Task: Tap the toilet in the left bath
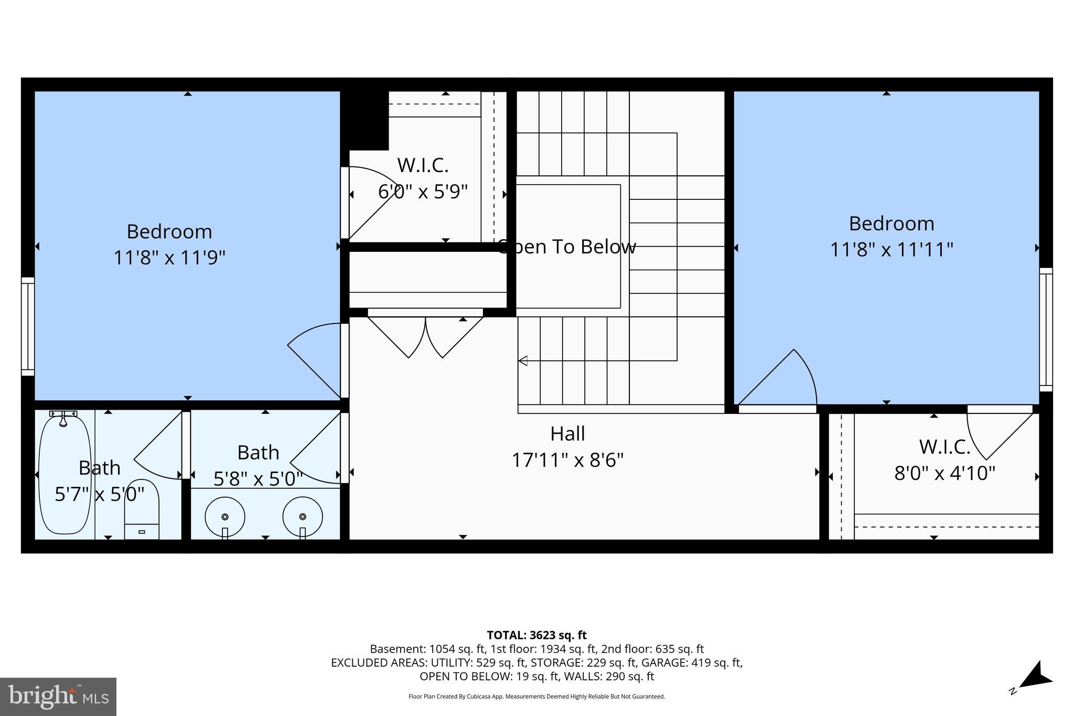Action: click(x=142, y=509)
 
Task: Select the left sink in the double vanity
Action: click(x=224, y=516)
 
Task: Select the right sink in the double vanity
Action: click(x=303, y=516)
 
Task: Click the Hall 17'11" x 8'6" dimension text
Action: click(x=567, y=461)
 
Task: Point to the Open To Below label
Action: click(x=566, y=247)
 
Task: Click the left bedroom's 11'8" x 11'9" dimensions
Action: click(x=169, y=258)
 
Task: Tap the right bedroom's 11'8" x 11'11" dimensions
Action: click(x=891, y=249)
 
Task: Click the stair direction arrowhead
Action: click(x=523, y=360)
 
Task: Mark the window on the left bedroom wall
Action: click(x=28, y=326)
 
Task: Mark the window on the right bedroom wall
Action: click(x=1046, y=329)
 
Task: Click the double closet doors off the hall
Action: click(x=425, y=336)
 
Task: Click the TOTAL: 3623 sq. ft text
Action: click(x=536, y=635)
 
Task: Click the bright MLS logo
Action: click(x=58, y=696)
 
